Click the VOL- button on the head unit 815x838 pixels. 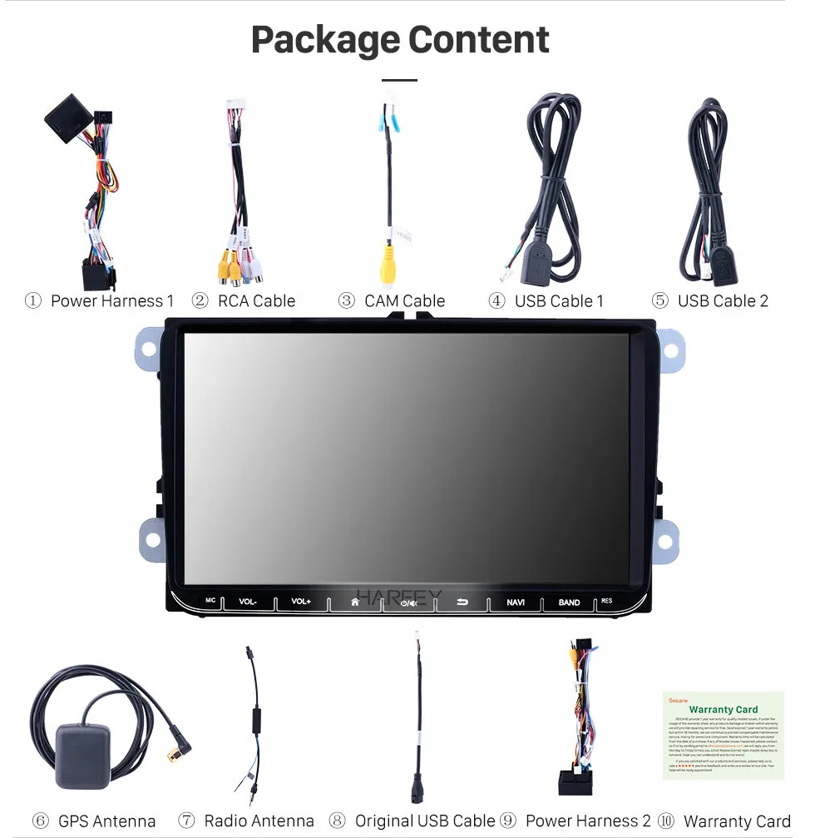point(248,601)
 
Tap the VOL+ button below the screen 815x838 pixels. point(301,601)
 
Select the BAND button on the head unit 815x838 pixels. point(569,602)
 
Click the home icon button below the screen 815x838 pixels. point(355,601)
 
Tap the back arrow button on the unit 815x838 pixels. point(462,601)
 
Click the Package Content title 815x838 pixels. point(400,40)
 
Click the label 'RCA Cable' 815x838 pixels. point(256,301)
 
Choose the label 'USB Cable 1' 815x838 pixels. point(559,301)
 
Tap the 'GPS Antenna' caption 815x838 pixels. point(106,821)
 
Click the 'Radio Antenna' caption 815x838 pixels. point(259,821)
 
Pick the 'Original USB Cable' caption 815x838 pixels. point(424,821)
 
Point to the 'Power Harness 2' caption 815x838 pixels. point(588,821)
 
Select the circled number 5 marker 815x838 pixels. point(660,301)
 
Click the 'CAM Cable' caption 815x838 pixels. point(404,301)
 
